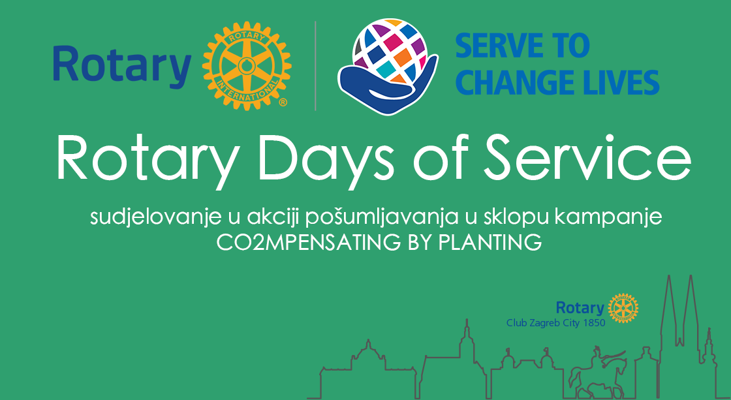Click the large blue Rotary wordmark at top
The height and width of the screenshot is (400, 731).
coord(122,66)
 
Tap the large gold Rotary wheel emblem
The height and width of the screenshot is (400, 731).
coord(247,66)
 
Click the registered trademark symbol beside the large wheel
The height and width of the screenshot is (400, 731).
coord(283,102)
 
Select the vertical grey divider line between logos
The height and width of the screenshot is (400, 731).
coord(316,66)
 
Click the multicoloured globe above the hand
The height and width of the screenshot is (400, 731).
coord(390,51)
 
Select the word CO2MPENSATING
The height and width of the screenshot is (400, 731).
coord(308,243)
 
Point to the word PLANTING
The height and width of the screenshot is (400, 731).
coord(490,243)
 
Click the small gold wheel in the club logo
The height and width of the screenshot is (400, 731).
coord(623,308)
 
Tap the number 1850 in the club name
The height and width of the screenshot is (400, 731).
coord(593,322)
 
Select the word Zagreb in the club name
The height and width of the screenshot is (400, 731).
coord(546,323)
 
